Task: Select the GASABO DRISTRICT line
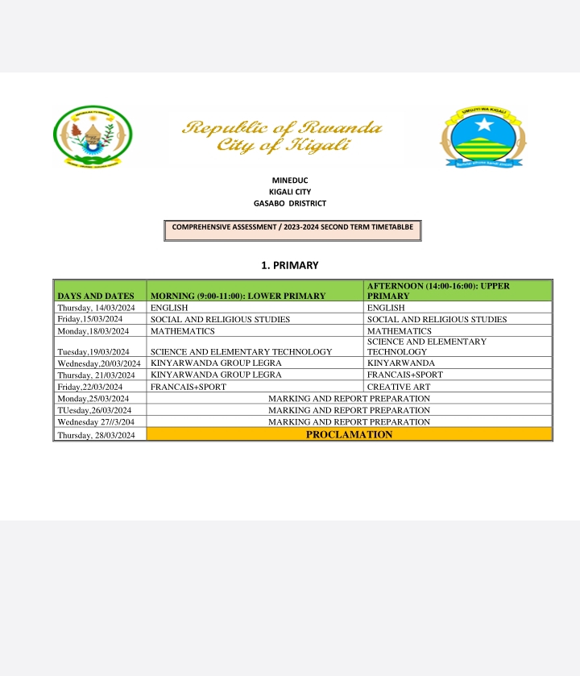coord(290,203)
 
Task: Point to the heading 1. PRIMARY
coord(290,265)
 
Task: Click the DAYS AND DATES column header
coord(95,296)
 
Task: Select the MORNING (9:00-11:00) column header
coord(238,296)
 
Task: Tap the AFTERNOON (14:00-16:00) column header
coord(438,291)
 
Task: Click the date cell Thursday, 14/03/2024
coord(96,308)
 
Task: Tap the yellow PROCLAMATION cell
coord(349,434)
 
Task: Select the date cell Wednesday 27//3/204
coord(96,421)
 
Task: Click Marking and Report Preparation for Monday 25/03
coord(349,398)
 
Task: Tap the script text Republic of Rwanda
coord(282,128)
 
